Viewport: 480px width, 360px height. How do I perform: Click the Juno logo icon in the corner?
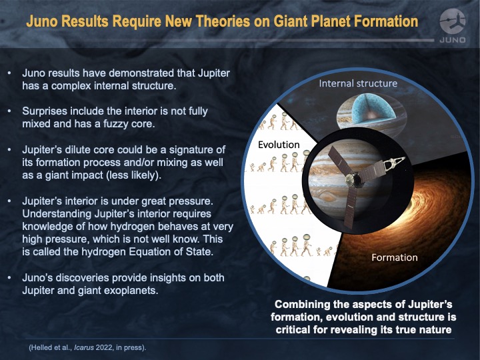[x=453, y=21]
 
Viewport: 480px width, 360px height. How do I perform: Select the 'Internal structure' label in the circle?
[x=358, y=83]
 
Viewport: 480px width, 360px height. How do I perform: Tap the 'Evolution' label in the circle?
[x=279, y=145]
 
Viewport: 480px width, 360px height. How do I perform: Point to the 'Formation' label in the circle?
[x=395, y=257]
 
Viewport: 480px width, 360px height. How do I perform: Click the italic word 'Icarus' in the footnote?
[x=84, y=348]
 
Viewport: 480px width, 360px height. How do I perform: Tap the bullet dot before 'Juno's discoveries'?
[x=9, y=278]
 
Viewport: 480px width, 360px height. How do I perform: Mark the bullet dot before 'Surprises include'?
[x=9, y=111]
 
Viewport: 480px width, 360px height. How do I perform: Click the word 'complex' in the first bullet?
[x=71, y=86]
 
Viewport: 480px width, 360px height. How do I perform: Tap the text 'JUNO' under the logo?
[x=453, y=40]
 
